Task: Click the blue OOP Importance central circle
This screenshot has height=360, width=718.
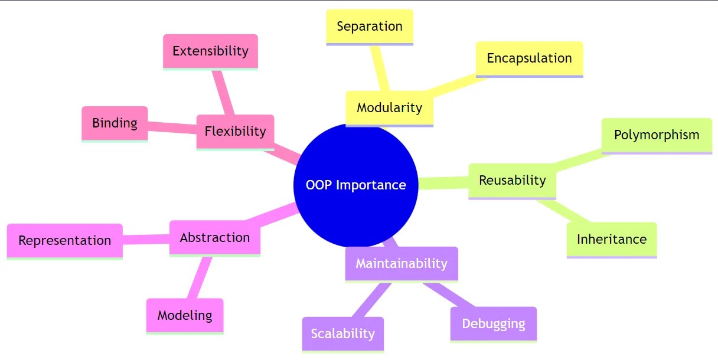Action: tap(355, 185)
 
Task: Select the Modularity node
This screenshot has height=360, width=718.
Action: tap(389, 107)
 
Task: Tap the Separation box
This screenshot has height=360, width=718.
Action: tap(369, 27)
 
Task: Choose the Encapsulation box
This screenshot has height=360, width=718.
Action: tap(529, 58)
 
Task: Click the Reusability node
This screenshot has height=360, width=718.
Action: tap(512, 181)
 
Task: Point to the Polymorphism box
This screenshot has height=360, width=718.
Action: tap(656, 135)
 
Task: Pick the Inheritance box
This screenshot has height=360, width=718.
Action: tap(611, 239)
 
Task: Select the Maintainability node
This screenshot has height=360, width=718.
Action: tap(401, 263)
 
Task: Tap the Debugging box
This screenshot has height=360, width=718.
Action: tap(493, 323)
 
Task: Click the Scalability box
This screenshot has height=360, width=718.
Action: tap(342, 333)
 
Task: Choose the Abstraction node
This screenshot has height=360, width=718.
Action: tap(214, 237)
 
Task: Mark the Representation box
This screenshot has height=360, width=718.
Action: tap(64, 240)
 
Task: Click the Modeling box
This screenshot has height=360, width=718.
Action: tap(184, 315)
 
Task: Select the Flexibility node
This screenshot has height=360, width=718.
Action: tap(235, 131)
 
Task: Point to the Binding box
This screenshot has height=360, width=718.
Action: tap(115, 123)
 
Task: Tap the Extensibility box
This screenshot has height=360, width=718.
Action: tap(210, 51)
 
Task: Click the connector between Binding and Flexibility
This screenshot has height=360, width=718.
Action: tap(172, 127)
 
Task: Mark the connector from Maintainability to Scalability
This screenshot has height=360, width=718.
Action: tap(370, 300)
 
